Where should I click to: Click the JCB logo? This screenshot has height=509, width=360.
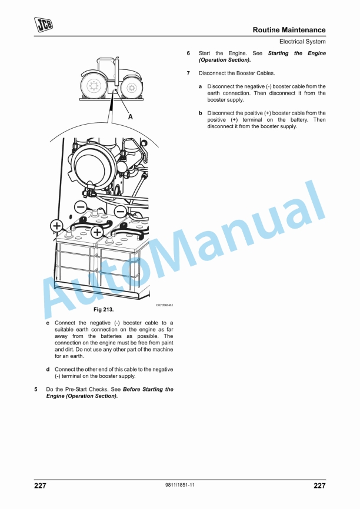pos(44,25)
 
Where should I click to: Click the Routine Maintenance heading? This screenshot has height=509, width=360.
pos(289,30)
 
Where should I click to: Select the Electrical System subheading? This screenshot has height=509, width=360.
pos(302,42)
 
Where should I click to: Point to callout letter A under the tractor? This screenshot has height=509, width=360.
pos(130,117)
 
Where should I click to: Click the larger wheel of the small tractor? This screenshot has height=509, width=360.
pos(94,86)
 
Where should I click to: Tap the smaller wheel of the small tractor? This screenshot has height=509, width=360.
pos(131,88)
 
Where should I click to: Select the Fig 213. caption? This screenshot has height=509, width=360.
pos(104,310)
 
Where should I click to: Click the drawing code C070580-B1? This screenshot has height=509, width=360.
pos(165,305)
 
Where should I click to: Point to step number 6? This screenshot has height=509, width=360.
pos(188,53)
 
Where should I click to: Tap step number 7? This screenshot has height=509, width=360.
pos(188,73)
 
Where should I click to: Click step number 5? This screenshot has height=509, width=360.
pos(36,389)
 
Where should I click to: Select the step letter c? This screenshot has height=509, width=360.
pos(48,323)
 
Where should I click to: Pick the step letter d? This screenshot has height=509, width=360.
pos(48,370)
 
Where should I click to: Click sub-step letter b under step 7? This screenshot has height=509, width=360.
pos(201,113)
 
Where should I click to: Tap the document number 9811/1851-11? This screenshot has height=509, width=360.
pos(180,485)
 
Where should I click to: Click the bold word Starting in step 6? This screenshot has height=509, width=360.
pos(278,53)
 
